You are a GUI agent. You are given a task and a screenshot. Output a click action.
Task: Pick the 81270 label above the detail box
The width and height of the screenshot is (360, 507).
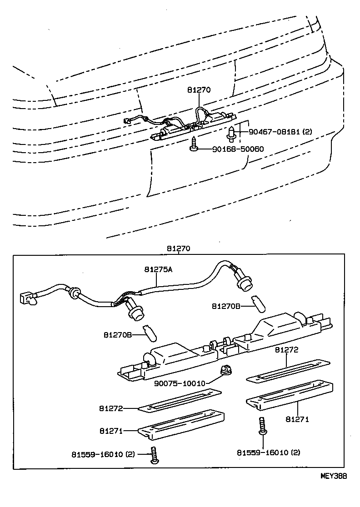pyautogui.click(x=178, y=249)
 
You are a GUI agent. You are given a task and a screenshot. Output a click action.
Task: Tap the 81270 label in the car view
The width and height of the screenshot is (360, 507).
pyautogui.click(x=199, y=90)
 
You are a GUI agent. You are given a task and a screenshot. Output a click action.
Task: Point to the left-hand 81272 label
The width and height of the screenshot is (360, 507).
pyautogui.click(x=111, y=408)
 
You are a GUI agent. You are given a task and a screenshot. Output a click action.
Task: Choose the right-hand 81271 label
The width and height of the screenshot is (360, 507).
pyautogui.click(x=297, y=419)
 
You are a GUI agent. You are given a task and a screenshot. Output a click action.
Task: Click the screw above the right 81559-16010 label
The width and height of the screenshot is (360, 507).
pyautogui.click(x=262, y=426)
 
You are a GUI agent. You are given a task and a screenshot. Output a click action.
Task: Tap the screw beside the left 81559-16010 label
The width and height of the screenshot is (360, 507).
pyautogui.click(x=154, y=456)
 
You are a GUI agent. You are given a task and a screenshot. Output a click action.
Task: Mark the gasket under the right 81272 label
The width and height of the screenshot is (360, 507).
pyautogui.click(x=287, y=371)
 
